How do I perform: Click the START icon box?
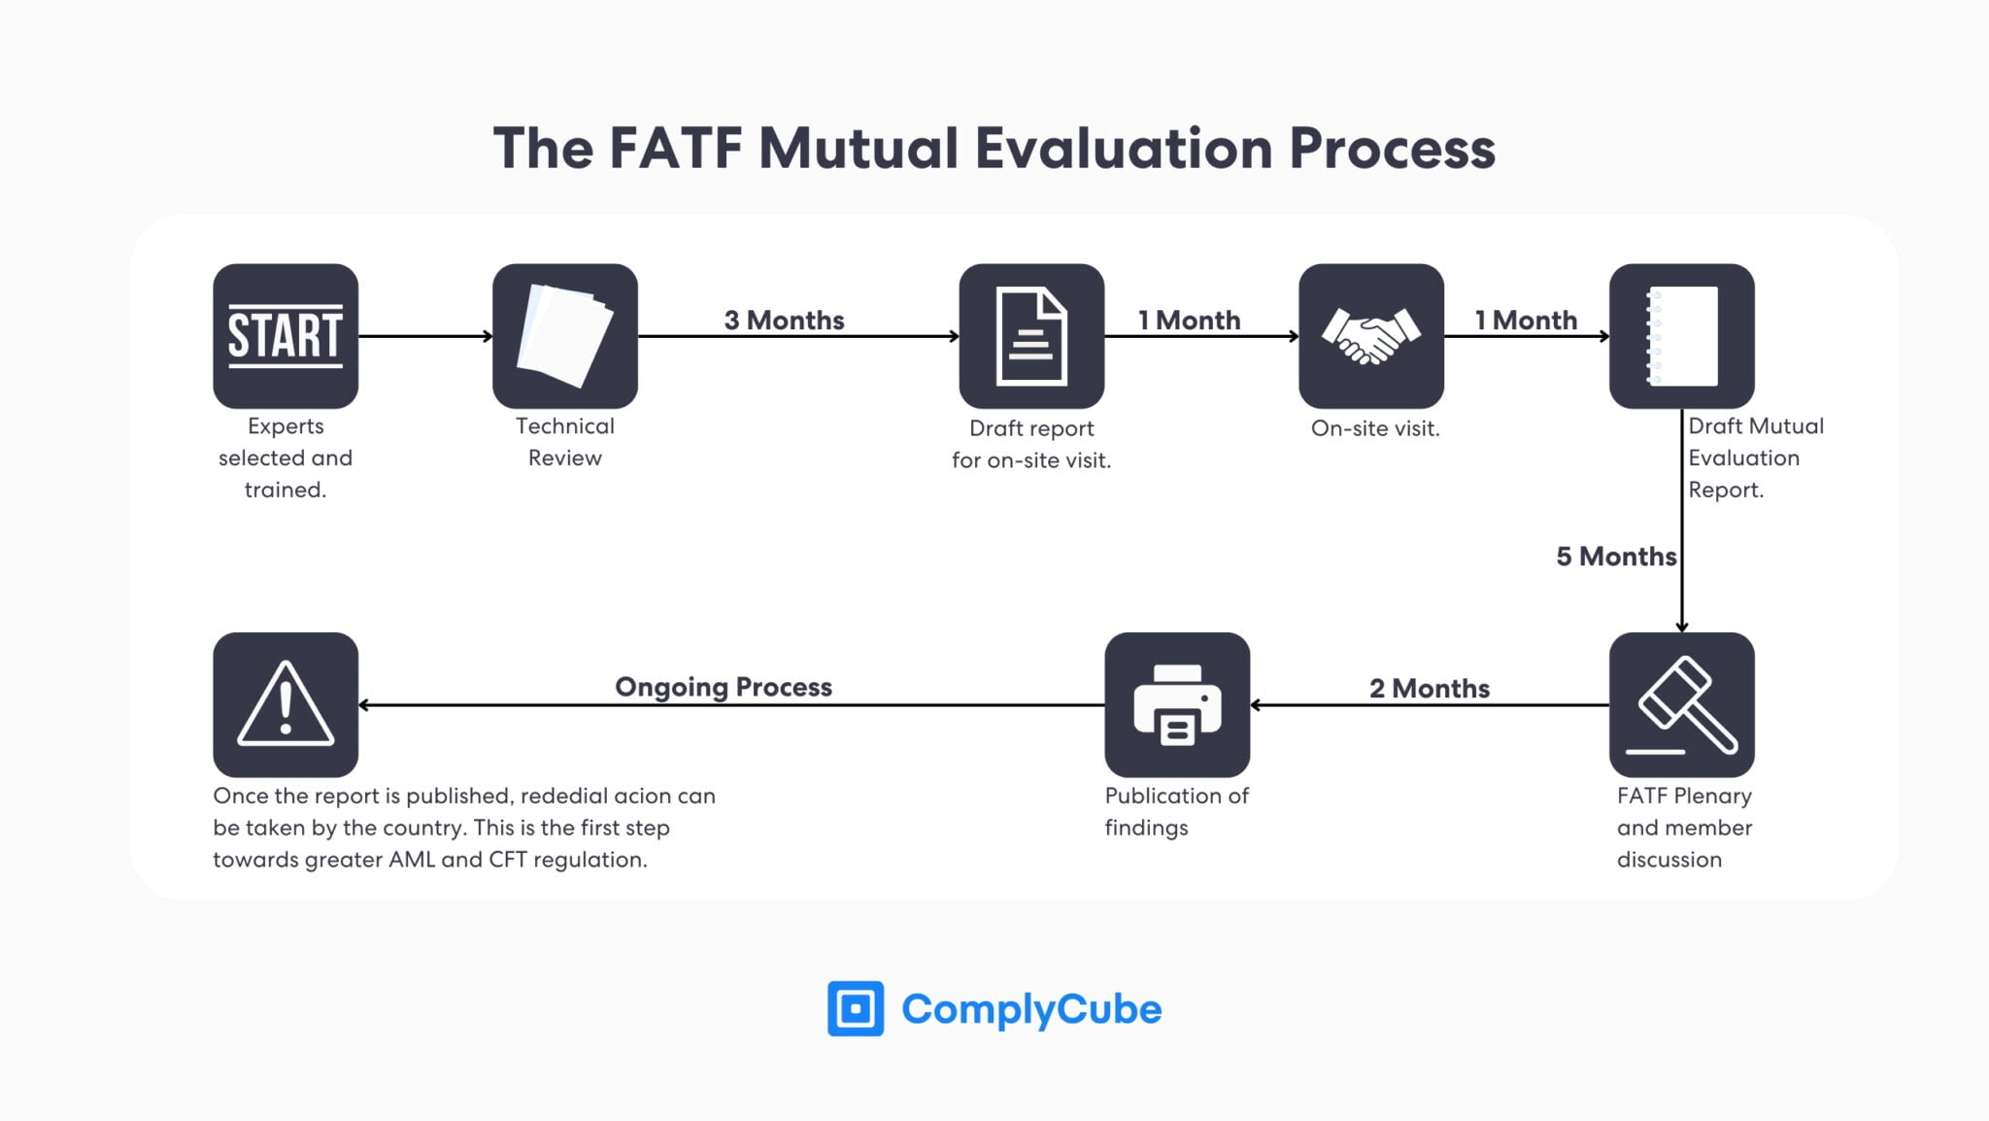click(x=286, y=336)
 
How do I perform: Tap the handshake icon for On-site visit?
click(x=1370, y=336)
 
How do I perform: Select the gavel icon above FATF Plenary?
click(x=1681, y=705)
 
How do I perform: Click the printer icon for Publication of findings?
click(x=1177, y=705)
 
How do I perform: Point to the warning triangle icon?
click(x=286, y=705)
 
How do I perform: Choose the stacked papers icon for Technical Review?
click(x=565, y=336)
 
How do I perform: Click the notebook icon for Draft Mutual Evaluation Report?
click(x=1681, y=336)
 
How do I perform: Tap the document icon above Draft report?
click(x=1031, y=336)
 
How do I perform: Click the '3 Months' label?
click(x=784, y=320)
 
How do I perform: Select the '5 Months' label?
click(x=1615, y=557)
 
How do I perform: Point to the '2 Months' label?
click(x=1429, y=688)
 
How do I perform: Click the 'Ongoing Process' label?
click(x=724, y=687)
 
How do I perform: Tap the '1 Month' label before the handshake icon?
click(x=1189, y=320)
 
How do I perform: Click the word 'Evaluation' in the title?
click(x=1123, y=149)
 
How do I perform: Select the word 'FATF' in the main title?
click(x=675, y=149)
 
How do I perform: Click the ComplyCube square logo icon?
click(x=855, y=1008)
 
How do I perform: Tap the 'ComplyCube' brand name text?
click(x=1030, y=1008)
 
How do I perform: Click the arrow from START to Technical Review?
click(x=425, y=336)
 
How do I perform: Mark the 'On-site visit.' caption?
click(x=1374, y=428)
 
